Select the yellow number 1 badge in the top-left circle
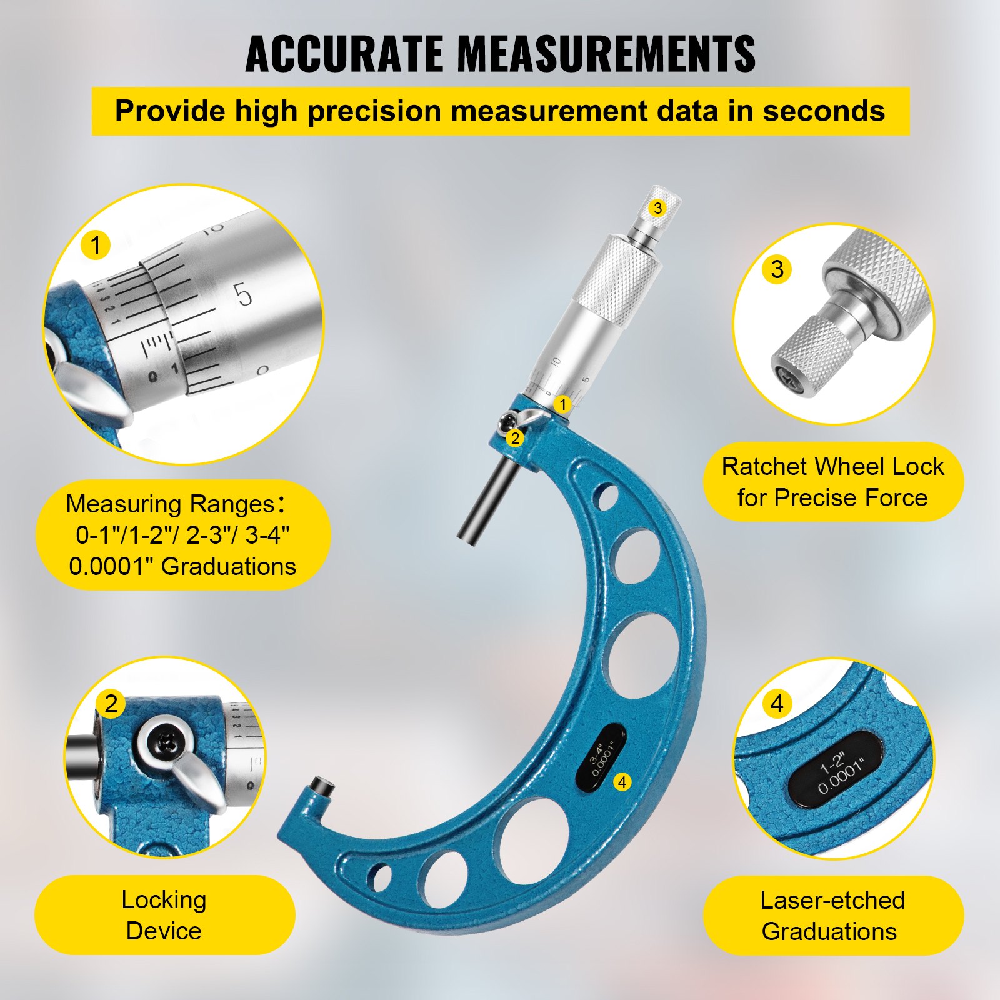click(96, 245)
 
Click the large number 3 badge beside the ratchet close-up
click(777, 269)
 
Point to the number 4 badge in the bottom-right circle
click(777, 704)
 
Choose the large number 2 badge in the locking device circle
click(111, 704)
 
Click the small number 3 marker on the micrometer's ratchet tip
click(657, 207)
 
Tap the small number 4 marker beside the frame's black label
click(622, 781)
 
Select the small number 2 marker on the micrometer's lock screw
click(515, 438)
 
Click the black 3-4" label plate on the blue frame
click(600, 757)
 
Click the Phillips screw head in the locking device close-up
click(168, 741)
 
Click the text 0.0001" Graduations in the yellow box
click(182, 566)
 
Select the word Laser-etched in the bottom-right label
click(832, 900)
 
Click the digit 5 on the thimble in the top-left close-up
click(242, 295)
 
